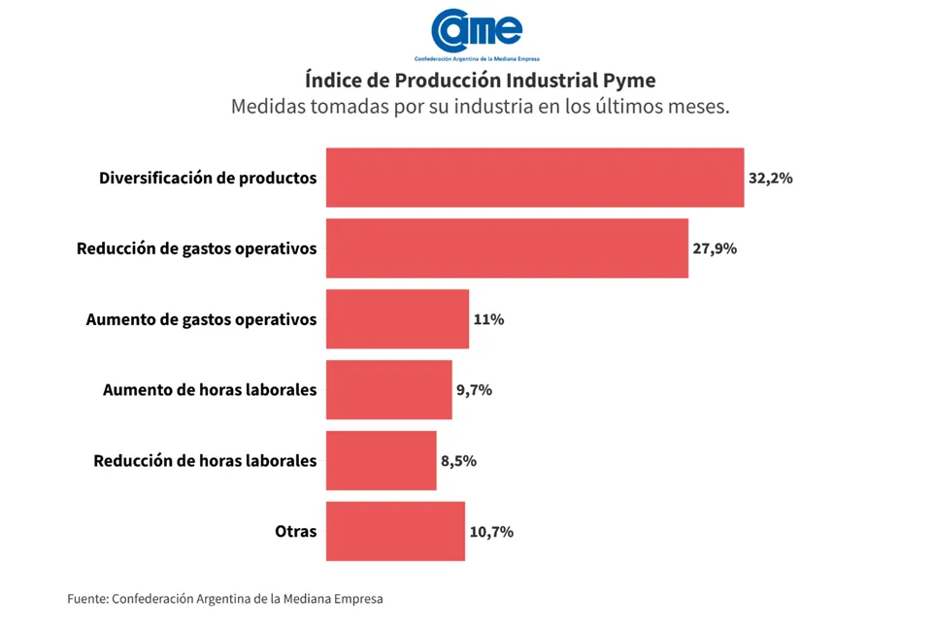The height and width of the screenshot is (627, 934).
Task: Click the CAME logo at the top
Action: [478, 32]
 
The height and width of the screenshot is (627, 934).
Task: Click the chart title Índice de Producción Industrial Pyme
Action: [480, 80]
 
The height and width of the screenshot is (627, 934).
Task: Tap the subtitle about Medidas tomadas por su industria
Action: [480, 107]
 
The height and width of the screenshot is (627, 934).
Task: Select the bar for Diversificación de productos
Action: [535, 178]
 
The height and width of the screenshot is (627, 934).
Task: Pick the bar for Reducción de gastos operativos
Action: [507, 248]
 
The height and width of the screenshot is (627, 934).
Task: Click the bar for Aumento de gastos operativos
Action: [397, 319]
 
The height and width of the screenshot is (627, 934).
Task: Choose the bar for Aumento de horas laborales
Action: [388, 390]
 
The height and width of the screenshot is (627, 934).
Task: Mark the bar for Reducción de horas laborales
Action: [381, 461]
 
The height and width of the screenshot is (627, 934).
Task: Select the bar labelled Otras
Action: [395, 532]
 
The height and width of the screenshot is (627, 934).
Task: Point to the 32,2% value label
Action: [770, 179]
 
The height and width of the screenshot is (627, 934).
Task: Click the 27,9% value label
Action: [715, 248]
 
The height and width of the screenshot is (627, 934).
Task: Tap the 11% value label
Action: [488, 319]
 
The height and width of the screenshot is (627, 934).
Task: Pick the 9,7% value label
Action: [474, 390]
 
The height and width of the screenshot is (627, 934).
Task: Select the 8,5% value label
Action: [458, 461]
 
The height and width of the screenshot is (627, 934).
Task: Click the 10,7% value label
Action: [491, 532]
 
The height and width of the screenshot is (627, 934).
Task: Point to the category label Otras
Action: [296, 532]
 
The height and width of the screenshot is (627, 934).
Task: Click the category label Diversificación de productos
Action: [208, 179]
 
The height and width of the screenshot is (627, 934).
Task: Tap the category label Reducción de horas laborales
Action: [205, 461]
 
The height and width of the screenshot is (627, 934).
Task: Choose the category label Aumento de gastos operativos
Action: [201, 319]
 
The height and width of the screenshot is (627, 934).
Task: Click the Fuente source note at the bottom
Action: [225, 599]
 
